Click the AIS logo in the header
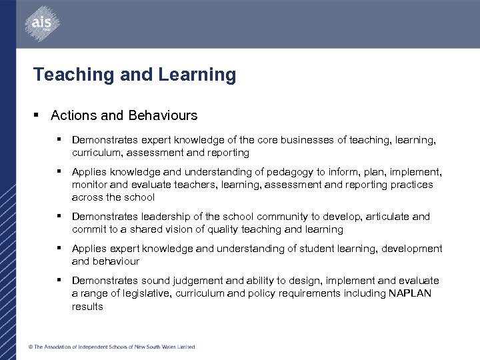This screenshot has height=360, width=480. [x=39, y=25]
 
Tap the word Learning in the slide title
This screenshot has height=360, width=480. [x=197, y=75]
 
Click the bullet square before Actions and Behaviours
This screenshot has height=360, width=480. [x=39, y=115]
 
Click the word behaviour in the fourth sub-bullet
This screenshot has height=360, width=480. [x=116, y=261]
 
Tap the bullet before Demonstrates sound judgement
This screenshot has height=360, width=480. [x=60, y=281]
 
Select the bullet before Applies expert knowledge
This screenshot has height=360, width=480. [x=60, y=249]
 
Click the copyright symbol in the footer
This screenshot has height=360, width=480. [x=30, y=347]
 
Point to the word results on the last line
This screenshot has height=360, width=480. [x=87, y=307]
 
